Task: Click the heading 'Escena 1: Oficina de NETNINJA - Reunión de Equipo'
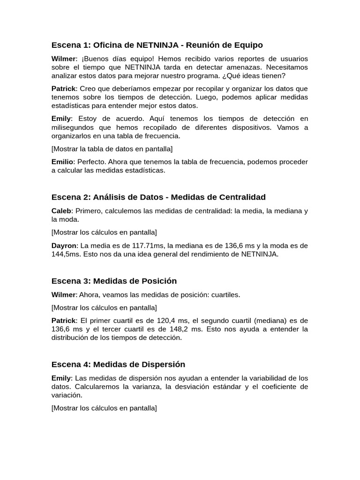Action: [157, 45]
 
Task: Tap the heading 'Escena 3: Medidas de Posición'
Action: [114, 281]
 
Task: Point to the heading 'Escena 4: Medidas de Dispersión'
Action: [118, 364]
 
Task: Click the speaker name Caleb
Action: [61, 211]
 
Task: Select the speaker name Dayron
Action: [64, 246]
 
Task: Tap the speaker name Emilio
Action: [62, 162]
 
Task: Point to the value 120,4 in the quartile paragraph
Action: [175, 321]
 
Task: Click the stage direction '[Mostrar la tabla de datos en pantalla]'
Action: [112, 149]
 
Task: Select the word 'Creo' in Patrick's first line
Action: [88, 89]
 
